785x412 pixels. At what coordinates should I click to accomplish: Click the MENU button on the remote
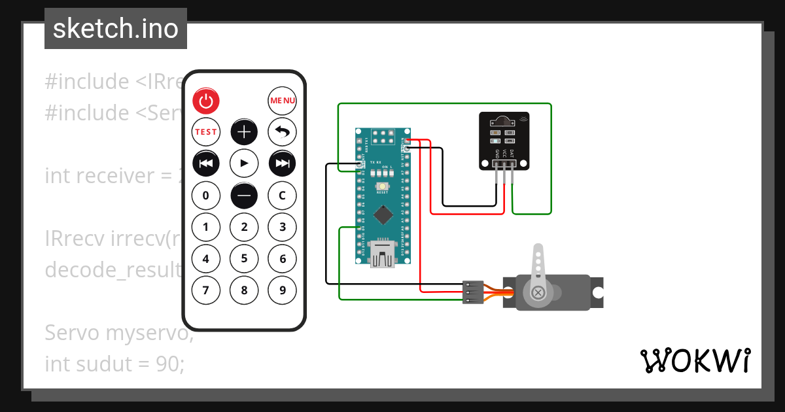point(283,101)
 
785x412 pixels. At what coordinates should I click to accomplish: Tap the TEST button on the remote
point(206,132)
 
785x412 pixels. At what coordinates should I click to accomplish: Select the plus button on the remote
point(244,132)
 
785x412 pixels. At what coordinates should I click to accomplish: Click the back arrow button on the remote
point(283,132)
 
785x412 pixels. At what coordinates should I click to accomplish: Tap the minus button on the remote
point(244,195)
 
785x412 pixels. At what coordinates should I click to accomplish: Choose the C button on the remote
point(283,195)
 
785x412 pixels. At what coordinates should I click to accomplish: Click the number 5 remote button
point(244,258)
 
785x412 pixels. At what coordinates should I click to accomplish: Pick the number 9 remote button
point(283,290)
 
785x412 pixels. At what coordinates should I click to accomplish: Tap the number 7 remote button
point(206,290)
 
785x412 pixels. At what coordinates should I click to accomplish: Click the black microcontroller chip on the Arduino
point(383,215)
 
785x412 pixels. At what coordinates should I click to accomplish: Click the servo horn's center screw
point(538,292)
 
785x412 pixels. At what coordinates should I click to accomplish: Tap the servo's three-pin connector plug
point(472,292)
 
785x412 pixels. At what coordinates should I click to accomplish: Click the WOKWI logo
point(695,360)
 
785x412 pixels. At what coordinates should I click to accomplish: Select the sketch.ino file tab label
point(116,29)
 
